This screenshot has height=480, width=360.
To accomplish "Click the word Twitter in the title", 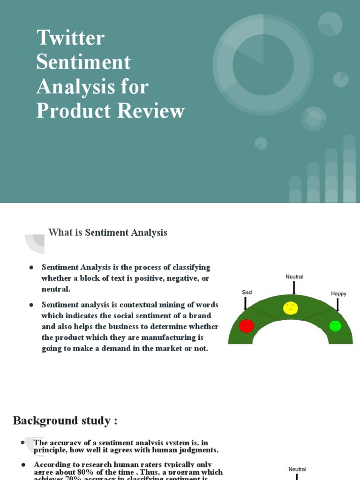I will pyautogui.click(x=70, y=38).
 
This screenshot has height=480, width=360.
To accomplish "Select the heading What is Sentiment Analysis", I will pyautogui.click(x=108, y=232).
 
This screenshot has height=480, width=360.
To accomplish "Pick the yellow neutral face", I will pyautogui.click(x=291, y=308).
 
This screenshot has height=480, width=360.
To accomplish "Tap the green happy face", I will pyautogui.click(x=335, y=326).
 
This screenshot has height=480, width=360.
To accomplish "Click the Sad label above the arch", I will pyautogui.click(x=247, y=292).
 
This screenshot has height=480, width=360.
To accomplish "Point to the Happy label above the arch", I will pyautogui.click(x=338, y=294).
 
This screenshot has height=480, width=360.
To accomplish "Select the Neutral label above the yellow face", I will pyautogui.click(x=294, y=277).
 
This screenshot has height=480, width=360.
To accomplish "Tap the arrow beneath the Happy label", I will pyautogui.click(x=337, y=305).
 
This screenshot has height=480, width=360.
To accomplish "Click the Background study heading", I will pyautogui.click(x=65, y=420).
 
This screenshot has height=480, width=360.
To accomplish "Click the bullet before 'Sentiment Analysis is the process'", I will pyautogui.click(x=31, y=267).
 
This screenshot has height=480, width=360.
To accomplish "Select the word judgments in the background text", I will pyautogui.click(x=196, y=450).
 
